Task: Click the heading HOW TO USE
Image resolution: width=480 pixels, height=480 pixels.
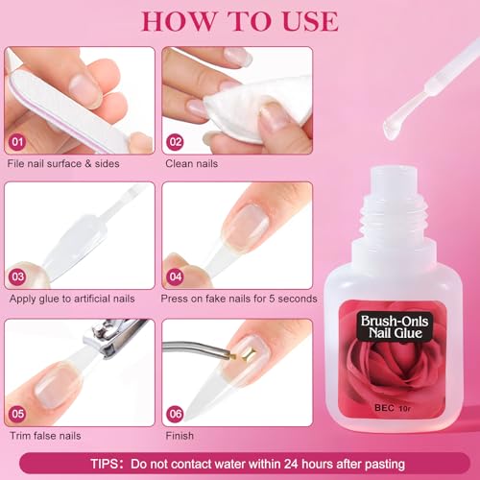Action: pyautogui.click(x=240, y=20)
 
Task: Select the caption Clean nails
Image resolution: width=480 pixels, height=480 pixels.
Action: pyautogui.click(x=191, y=164)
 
